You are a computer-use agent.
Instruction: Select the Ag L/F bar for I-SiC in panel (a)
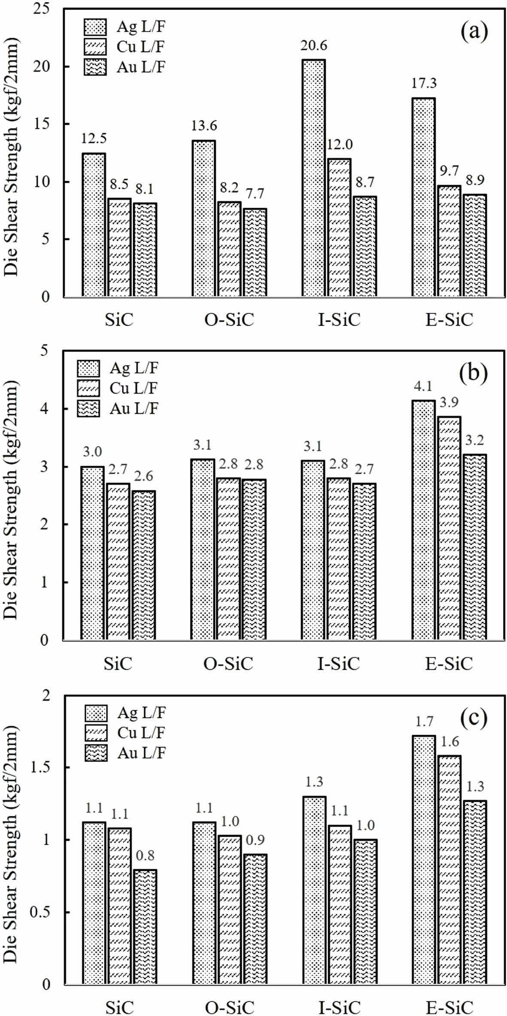[x=313, y=178]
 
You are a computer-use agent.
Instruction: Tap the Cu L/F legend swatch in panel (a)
[x=95, y=47]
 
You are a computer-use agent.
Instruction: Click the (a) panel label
[x=474, y=32]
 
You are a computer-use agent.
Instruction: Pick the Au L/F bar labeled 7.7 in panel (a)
[x=254, y=252]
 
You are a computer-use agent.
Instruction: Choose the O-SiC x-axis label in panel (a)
[x=229, y=320]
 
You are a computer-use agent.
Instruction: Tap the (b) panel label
[x=473, y=373]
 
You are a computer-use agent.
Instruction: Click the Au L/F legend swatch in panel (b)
[x=88, y=408]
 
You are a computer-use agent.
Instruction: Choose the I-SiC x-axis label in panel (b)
[x=338, y=664]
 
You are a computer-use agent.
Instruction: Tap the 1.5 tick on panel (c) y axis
[x=41, y=767]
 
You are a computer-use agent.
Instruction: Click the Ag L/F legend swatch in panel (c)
[x=96, y=713]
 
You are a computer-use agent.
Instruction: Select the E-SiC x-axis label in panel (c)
[x=449, y=1007]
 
